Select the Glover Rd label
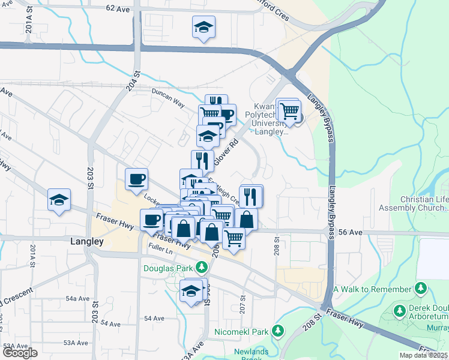226,147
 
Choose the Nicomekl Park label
241,331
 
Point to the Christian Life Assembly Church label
414,204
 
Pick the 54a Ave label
77,298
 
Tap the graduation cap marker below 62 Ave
203,27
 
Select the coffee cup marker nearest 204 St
136,178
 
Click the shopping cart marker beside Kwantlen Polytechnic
289,111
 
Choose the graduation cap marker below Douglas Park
191,291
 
